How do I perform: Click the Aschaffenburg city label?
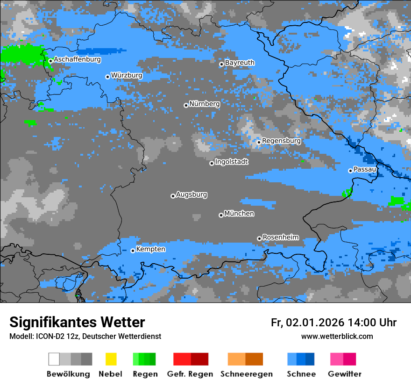coord(77,59)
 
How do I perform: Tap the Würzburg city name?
coord(127,75)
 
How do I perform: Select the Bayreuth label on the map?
coord(240,63)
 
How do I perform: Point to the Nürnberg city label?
coord(205,104)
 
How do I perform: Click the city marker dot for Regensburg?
coord(259,142)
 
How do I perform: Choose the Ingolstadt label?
coord(232,162)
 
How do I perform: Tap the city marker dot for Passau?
coord(350,171)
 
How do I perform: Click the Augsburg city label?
coord(191,194)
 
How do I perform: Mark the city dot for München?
coord(221,215)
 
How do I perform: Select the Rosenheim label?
coord(281,237)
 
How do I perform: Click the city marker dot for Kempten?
coord(133,251)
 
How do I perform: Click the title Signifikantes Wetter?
coord(77,322)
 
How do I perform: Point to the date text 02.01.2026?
coord(315,323)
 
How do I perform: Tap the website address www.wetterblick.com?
coord(337,337)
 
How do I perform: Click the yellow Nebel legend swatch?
coord(111,359)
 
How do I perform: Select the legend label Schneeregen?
coord(247,374)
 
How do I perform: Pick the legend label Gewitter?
coord(345,374)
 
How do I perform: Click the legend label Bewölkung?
coord(68,374)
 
